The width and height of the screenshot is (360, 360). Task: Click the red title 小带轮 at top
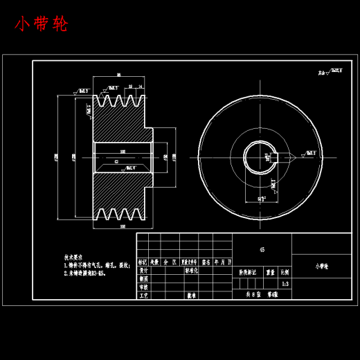42,25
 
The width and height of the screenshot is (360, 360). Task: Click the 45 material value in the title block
262,249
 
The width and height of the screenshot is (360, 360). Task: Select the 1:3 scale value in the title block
286,283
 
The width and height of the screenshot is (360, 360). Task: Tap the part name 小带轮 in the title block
323,265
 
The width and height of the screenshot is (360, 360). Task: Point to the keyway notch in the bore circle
272,156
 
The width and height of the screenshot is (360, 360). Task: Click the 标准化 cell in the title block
193,271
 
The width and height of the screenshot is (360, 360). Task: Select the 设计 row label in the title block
143,271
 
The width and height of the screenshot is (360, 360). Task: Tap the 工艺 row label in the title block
143,295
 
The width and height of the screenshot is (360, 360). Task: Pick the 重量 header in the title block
271,272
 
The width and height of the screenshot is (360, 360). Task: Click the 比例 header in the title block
286,272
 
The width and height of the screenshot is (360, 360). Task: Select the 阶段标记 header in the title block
247,272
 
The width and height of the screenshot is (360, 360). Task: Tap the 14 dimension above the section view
140,86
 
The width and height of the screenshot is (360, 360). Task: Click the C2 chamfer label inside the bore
116,161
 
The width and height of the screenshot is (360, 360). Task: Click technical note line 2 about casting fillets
87,273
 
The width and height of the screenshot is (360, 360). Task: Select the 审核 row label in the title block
143,287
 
